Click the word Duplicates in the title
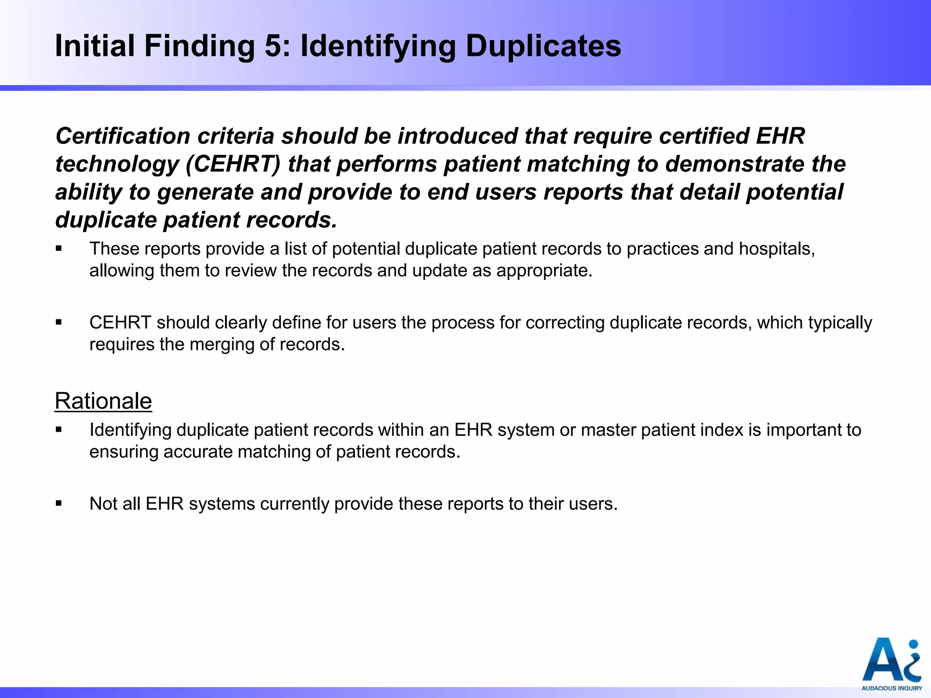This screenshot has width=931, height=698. pyautogui.click(x=543, y=46)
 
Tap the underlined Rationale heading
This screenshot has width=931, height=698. pyautogui.click(x=103, y=401)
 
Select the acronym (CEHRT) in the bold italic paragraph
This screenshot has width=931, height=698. pyautogui.click(x=234, y=164)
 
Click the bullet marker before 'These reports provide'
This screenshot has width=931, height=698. pyautogui.click(x=59, y=249)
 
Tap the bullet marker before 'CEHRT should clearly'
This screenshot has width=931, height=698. pyautogui.click(x=59, y=322)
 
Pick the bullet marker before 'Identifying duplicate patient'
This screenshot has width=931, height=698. pyautogui.click(x=59, y=430)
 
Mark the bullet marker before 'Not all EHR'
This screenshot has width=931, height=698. pyautogui.click(x=59, y=504)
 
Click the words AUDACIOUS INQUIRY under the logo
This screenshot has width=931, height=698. pyautogui.click(x=891, y=688)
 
